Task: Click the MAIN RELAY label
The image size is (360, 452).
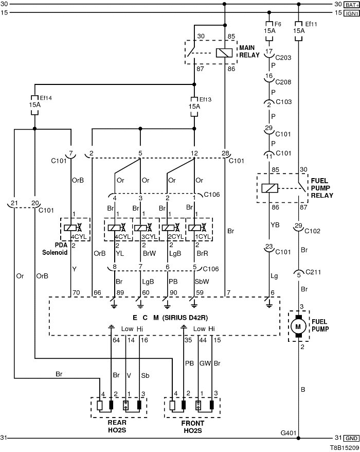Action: (249, 51)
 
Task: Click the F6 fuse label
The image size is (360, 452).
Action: (278, 24)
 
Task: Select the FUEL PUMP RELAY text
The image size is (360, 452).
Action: (322, 189)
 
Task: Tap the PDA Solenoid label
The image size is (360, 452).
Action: (56, 249)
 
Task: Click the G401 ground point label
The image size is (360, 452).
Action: (289, 433)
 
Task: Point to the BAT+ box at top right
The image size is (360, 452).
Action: (351, 4)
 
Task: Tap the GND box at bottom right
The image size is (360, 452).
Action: (352, 438)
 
